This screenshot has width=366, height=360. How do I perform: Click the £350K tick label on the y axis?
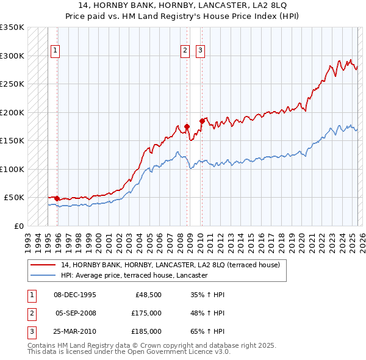(12, 27)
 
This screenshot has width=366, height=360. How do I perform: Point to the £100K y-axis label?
(12, 169)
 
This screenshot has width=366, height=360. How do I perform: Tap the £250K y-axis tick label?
(12, 84)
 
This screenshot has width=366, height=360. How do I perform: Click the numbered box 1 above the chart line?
(55, 51)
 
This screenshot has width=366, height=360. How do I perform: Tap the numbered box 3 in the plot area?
(200, 51)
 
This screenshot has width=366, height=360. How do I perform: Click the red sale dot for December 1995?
(57, 198)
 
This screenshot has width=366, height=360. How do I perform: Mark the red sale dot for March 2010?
(201, 121)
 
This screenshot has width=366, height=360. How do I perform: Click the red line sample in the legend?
(43, 265)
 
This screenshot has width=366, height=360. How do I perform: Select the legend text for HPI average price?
(134, 275)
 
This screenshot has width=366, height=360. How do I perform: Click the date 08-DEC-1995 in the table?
(75, 295)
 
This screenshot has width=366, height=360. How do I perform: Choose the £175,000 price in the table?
(146, 313)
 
